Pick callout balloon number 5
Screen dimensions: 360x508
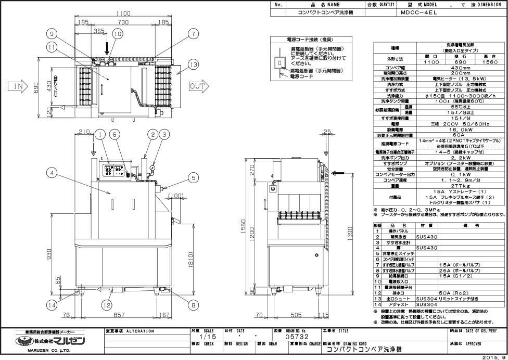[193, 177]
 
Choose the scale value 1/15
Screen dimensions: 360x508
[196, 337]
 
